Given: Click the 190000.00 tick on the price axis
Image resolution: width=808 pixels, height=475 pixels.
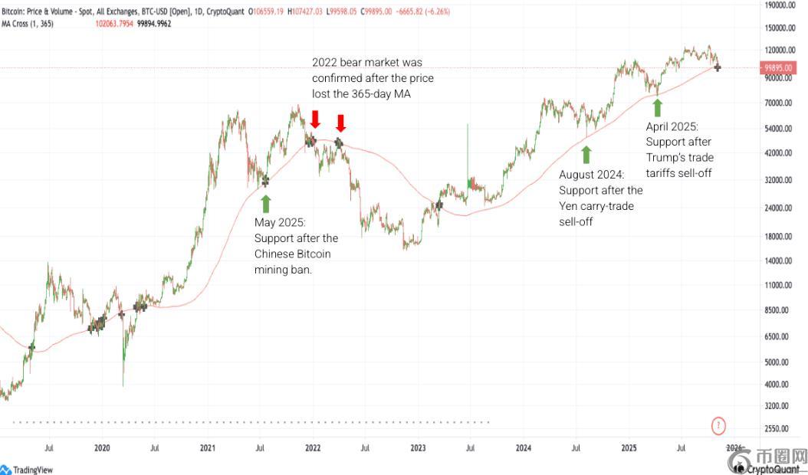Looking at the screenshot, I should pos(782,5).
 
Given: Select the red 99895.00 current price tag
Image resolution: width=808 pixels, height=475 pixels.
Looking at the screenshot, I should pos(783,67).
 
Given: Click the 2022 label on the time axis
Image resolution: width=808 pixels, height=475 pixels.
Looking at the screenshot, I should pos(313,447).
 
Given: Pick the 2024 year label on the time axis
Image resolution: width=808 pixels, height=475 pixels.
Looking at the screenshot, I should pos(524,447).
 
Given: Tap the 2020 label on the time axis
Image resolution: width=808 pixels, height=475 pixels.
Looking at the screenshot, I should pos(102,447).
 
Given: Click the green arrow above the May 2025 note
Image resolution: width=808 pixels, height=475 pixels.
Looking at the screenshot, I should pos(266,203).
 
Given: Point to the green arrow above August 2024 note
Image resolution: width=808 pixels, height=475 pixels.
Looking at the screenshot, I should pos(586,155).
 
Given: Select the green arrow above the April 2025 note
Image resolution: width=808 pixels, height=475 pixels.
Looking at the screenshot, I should pos(657,107).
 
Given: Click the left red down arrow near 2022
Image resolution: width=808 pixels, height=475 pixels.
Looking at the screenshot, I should pos(315,119).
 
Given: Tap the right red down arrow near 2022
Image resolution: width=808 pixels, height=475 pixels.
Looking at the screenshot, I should pos(341,123).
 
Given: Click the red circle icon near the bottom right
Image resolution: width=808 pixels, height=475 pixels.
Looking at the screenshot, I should pos(718,424).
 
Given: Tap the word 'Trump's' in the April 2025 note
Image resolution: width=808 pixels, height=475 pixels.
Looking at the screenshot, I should pos(666,157).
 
